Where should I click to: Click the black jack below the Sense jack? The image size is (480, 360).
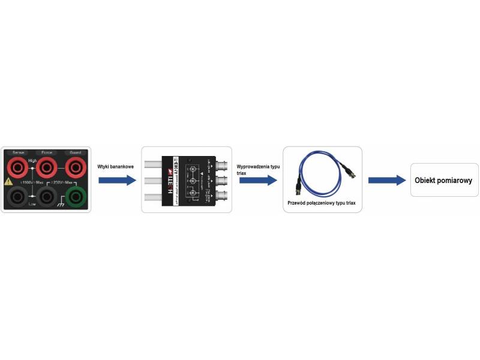point(17,196)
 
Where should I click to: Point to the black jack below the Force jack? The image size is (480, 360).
point(46,196)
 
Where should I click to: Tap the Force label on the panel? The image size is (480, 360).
point(46,152)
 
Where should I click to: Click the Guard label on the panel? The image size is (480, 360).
point(76,152)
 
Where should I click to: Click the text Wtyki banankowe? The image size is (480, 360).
point(115,167)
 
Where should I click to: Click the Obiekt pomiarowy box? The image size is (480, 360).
point(444,180)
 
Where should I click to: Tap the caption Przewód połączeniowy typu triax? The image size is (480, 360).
point(322,203)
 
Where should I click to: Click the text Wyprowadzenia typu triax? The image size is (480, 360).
point(259,169)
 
